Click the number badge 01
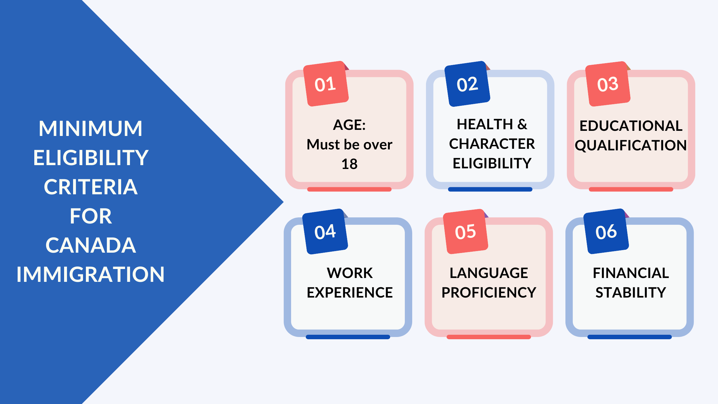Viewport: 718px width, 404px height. (326, 84)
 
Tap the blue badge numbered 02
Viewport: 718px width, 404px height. (467, 84)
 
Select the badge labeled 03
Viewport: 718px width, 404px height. (608, 84)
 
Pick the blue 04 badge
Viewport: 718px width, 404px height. (325, 231)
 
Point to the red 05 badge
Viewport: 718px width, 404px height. (465, 231)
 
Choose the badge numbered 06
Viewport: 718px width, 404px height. (606, 231)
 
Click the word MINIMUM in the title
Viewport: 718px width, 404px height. (90, 128)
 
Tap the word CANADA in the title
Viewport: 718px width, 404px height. (91, 245)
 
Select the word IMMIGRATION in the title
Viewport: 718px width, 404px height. (90, 274)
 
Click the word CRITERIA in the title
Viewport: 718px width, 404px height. (91, 187)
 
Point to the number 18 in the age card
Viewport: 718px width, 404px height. (349, 164)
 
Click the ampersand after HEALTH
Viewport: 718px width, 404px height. (522, 124)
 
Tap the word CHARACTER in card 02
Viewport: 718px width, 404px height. (492, 144)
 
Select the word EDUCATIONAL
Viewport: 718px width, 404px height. (631, 126)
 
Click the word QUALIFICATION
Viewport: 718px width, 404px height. (631, 146)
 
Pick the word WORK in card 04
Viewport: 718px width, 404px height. (350, 273)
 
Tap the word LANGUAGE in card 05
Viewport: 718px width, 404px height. (489, 273)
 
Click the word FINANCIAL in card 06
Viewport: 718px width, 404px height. (631, 273)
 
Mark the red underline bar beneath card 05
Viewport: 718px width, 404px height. (489, 337)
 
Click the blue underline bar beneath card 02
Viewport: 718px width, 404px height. (490, 189)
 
